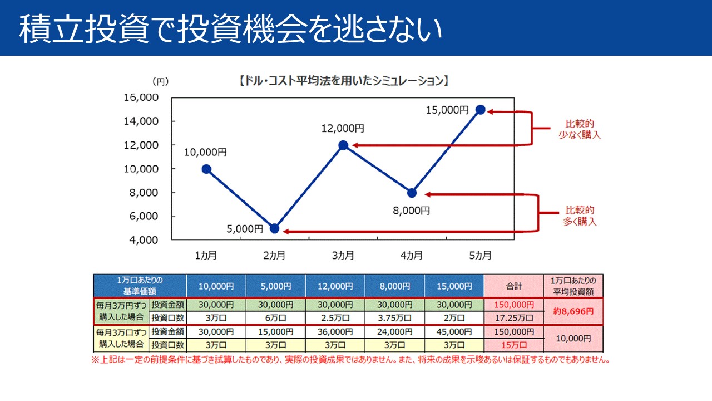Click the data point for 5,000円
click(x=274, y=228)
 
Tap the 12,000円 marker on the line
click(x=343, y=145)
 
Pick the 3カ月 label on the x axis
click(x=343, y=256)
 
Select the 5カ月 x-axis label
click(x=480, y=256)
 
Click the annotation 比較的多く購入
click(x=580, y=216)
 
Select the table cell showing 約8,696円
click(x=573, y=311)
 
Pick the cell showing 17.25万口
click(x=513, y=319)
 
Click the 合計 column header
click(x=513, y=286)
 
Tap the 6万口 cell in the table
click(x=275, y=319)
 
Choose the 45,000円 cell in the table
click(x=454, y=332)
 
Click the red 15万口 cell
click(x=513, y=345)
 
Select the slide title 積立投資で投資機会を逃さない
click(x=230, y=29)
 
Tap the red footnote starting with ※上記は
click(x=350, y=360)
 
